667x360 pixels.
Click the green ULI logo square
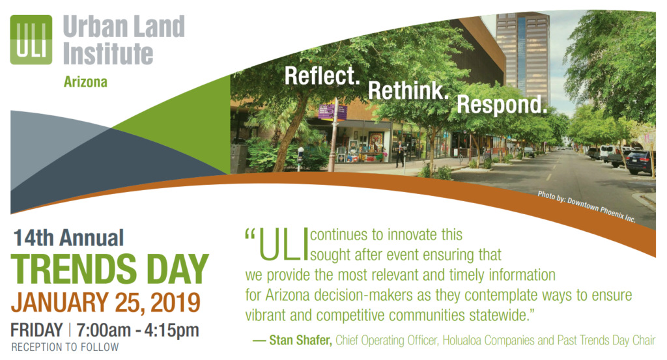[x=31, y=40]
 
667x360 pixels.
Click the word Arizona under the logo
[x=85, y=81]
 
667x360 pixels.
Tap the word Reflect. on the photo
[x=322, y=76]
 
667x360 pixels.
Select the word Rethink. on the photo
[x=408, y=90]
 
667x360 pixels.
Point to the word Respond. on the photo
[x=502, y=105]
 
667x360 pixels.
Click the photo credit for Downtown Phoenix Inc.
[x=587, y=206]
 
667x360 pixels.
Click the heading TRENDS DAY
[x=109, y=269]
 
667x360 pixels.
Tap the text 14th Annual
[x=68, y=238]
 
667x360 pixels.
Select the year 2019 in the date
[x=175, y=303]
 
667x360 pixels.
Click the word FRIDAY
[x=36, y=330]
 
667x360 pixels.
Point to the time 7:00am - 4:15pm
[x=138, y=330]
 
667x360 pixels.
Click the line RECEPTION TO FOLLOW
[x=65, y=347]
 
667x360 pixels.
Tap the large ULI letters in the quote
[x=283, y=244]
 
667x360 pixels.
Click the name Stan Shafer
[x=300, y=340]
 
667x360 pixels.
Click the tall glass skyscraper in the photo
[x=523, y=55]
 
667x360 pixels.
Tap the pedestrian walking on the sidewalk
[x=400, y=154]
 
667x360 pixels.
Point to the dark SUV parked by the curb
[x=640, y=162]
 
